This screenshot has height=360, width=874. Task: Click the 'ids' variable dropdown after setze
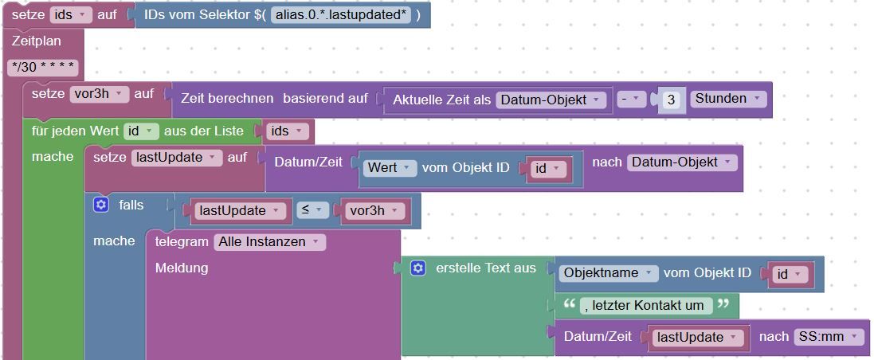tap(69, 14)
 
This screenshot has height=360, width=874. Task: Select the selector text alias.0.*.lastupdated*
tap(341, 14)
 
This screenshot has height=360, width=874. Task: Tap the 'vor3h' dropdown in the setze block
tap(99, 94)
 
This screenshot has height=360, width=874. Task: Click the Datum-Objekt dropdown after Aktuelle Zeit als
tap(551, 100)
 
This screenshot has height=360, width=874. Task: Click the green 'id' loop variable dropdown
tap(140, 131)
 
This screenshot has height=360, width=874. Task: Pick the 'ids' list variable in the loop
tap(287, 131)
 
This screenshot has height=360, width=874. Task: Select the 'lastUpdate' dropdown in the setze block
tap(176, 158)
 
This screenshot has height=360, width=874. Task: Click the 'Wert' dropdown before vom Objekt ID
tap(390, 168)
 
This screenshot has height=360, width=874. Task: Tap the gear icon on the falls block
tap(100, 205)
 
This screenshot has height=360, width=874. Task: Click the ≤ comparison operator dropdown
tap(312, 210)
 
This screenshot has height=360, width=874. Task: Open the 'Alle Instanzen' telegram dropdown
tap(269, 241)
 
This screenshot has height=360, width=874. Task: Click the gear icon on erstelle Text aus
tap(418, 268)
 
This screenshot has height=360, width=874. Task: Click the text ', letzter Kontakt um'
tap(646, 305)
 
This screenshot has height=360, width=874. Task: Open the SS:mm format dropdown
tap(829, 337)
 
